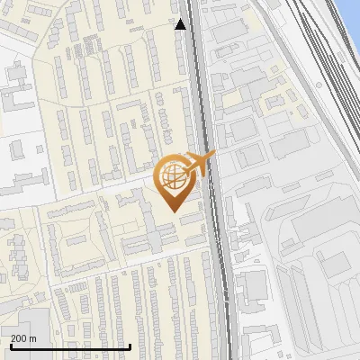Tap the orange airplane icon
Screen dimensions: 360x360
click(x=199, y=164)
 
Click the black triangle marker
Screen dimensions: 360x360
click(x=181, y=24)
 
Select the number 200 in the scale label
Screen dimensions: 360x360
click(x=19, y=338)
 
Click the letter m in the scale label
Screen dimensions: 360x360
click(x=33, y=338)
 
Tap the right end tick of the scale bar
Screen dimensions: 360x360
click(x=130, y=346)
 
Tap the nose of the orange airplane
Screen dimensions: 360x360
click(x=213, y=155)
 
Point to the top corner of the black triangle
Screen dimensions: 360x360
click(x=181, y=19)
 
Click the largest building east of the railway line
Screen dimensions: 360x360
click(x=310, y=220)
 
